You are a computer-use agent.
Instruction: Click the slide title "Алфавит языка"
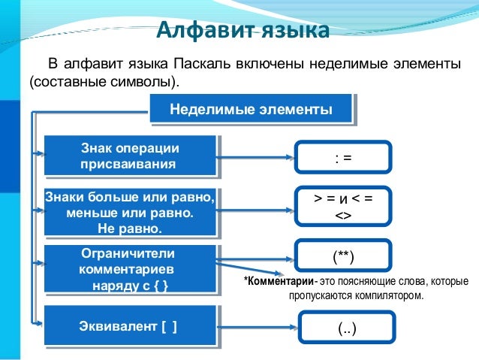point(243,31)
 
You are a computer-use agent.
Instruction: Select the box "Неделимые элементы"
point(251,110)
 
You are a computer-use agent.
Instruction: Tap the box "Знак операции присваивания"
point(130,156)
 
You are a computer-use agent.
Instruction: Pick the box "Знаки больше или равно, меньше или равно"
point(130,212)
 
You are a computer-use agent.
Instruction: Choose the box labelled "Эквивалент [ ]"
point(130,326)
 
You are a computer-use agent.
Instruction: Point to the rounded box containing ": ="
point(343,158)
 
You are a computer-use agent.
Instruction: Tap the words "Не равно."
point(130,227)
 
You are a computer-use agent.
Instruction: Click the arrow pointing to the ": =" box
point(255,158)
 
